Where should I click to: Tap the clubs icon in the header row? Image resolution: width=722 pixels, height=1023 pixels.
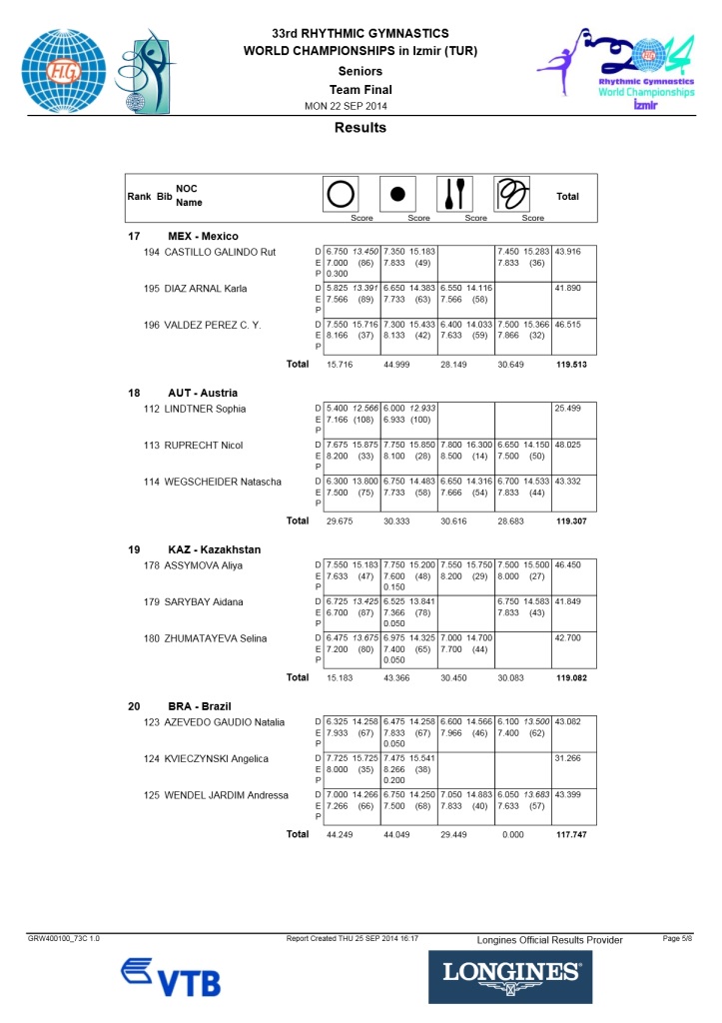454,193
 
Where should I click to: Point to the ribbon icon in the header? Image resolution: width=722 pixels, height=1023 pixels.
512,193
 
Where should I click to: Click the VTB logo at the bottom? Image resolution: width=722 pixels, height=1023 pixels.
171,976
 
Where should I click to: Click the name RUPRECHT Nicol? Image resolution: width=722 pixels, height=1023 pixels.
206,445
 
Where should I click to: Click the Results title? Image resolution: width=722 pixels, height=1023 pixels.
361,128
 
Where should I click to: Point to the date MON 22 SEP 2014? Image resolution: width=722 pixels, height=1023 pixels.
346,106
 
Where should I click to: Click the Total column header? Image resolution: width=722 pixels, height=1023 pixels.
567,197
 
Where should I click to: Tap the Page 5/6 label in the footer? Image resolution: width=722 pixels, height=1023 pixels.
677,939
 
